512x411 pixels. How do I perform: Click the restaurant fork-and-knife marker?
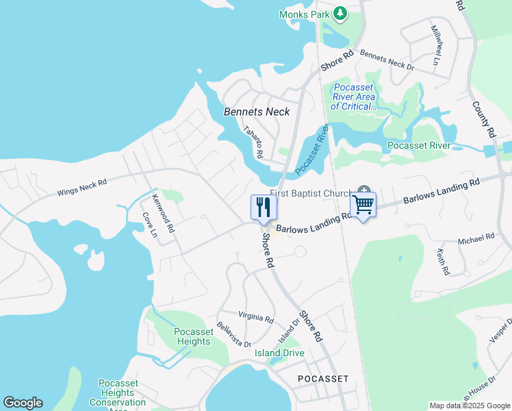[x=264, y=207]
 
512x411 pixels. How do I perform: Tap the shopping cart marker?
[x=363, y=204]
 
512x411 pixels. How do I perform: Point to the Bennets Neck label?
[x=257, y=112]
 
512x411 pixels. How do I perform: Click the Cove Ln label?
[x=149, y=225]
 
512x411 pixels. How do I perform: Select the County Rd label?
[x=483, y=120]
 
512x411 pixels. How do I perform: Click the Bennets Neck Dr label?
[x=387, y=61]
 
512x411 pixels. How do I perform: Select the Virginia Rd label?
[x=256, y=319]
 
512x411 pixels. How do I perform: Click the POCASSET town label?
[x=323, y=378]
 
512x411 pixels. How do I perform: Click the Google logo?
[x=23, y=403]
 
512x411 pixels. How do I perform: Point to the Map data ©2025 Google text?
[x=469, y=406]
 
